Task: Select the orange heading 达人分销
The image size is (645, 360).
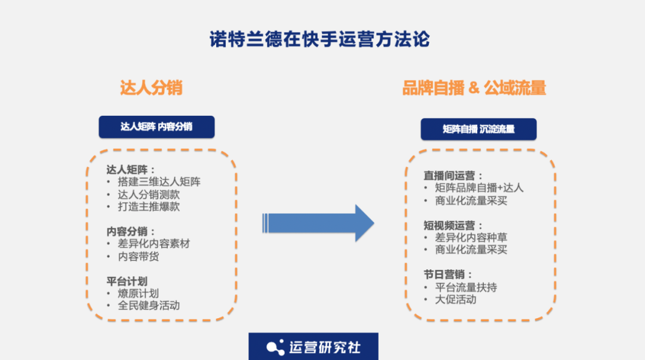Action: tap(151, 88)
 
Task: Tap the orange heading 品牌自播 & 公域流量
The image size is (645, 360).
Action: tap(474, 88)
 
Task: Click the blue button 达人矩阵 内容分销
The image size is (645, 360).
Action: tap(156, 127)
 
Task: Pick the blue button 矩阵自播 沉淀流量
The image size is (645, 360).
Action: tap(478, 129)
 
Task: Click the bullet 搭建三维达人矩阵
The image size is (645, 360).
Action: tap(159, 182)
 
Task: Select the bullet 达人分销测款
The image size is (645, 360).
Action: tap(149, 195)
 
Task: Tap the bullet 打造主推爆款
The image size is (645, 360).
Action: tap(149, 207)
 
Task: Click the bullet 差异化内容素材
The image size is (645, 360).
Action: tap(154, 244)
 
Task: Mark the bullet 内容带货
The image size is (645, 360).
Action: tap(139, 257)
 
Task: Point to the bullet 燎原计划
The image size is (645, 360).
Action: tap(139, 293)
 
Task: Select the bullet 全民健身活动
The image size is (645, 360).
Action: tap(149, 306)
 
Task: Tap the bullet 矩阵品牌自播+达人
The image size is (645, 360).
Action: tap(479, 188)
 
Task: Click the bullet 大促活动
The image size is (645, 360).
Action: tap(455, 300)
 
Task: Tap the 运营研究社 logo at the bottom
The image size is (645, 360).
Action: tap(314, 347)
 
